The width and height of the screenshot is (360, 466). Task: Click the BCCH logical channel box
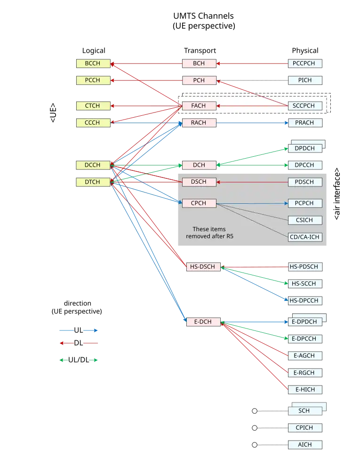coord(93,63)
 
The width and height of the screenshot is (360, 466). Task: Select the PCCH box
coord(93,80)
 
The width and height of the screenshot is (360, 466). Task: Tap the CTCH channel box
coord(93,106)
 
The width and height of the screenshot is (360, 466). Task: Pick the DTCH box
coord(93,182)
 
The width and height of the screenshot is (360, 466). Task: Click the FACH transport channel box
coord(199,106)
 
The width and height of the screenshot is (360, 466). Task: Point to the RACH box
coord(199,123)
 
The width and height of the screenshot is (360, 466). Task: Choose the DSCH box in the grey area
coord(199,182)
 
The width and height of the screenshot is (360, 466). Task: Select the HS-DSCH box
coord(203,267)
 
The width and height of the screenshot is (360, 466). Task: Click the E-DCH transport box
coord(203,322)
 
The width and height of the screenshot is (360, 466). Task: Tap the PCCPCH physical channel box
coord(305,63)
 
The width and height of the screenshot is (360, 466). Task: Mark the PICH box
coord(305,80)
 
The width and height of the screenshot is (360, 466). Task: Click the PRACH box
coord(305,123)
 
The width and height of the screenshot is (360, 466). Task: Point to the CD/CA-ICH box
coord(305,237)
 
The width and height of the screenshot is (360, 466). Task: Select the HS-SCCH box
coord(305,284)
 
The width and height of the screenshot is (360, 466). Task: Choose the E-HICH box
coord(305,389)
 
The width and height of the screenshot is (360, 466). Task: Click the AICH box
coord(305,445)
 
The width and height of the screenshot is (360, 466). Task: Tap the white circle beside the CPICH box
coord(255,428)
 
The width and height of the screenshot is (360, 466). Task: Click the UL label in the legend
coord(79,330)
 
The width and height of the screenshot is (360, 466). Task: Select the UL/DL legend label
coord(79,360)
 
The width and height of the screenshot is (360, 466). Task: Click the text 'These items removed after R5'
coord(209,233)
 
